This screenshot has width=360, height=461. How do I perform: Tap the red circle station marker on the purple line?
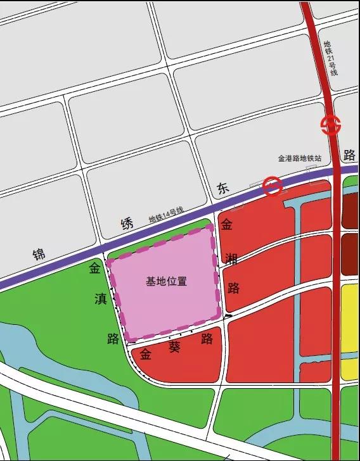coord(273,186)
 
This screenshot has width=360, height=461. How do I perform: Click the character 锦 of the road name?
coord(40,255)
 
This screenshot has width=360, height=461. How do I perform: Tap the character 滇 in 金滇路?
coord(100,299)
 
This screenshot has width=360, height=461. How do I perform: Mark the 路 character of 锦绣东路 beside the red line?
coord(348,155)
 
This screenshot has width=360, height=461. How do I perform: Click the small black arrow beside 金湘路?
coord(228,315)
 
